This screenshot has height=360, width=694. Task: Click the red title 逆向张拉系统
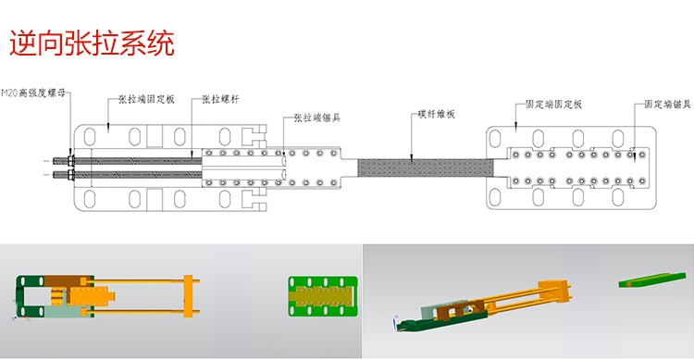coord(91,43)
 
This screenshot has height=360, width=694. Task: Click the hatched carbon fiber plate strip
coord(421,167)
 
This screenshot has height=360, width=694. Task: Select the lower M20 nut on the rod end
coord(69,173)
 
